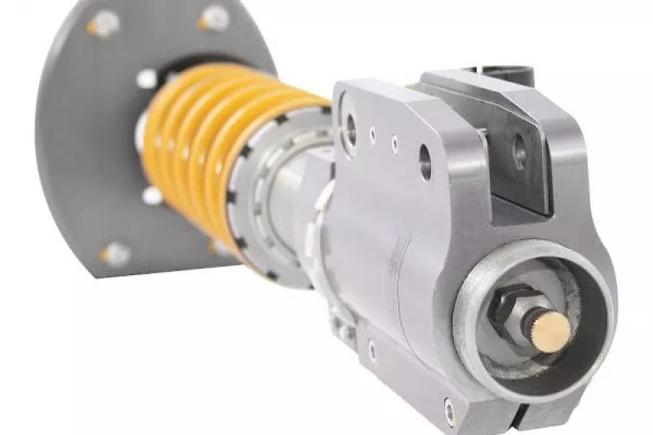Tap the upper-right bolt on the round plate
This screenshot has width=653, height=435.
pos(213,18)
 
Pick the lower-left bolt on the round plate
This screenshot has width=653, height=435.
pos(116,253)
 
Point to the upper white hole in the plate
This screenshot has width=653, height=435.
pos(147,78)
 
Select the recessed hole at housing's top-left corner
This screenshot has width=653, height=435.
pos(349,123)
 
